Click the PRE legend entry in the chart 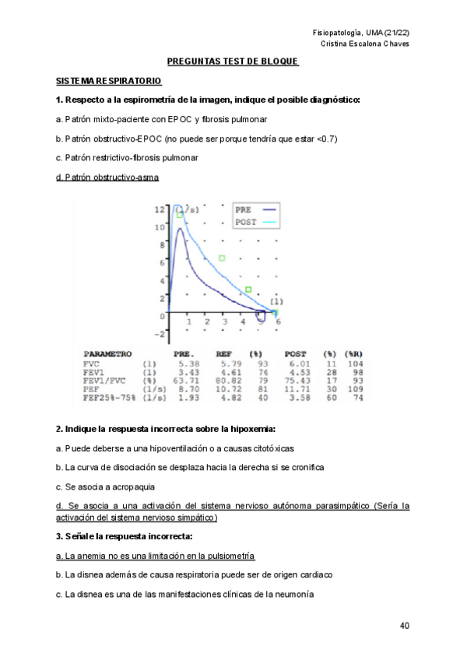pyautogui.click(x=244, y=209)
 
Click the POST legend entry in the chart pyautogui.click(x=246, y=222)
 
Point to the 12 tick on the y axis pyautogui.click(x=159, y=209)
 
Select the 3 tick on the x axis pyautogui.click(x=225, y=321)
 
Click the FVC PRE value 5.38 pyautogui.click(x=188, y=363)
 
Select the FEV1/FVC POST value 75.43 pyautogui.click(x=297, y=381)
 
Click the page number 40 pyautogui.click(x=404, y=625)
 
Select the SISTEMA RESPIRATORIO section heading pyautogui.click(x=108, y=80)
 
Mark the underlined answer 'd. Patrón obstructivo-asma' pyautogui.click(x=107, y=177)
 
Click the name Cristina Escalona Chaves pyautogui.click(x=365, y=44)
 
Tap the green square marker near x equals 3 pyautogui.click(x=222, y=258)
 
